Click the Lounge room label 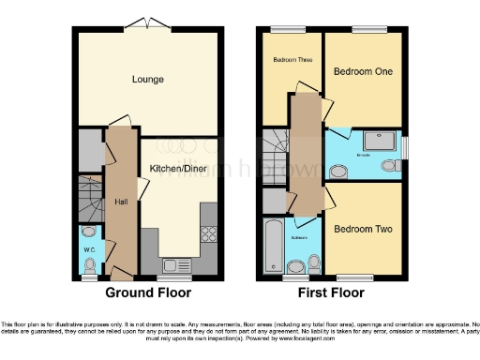[148, 80]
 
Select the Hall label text [121, 201]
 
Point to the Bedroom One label [364, 71]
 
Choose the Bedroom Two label [363, 229]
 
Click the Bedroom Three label [292, 60]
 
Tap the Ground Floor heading [148, 293]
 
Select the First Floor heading [333, 293]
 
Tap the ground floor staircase [88, 198]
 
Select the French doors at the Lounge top [148, 23]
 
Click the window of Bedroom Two [352, 277]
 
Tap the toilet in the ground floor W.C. [89, 232]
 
